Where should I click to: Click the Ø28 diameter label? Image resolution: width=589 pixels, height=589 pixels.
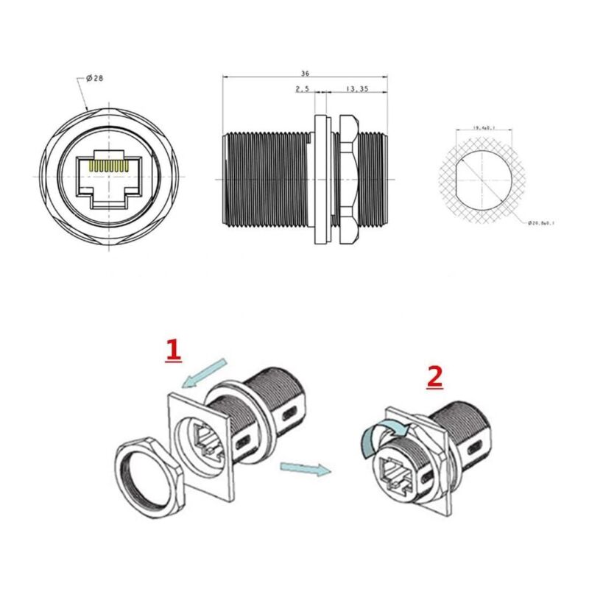click(x=94, y=79)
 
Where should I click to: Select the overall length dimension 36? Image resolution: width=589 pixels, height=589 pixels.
click(x=304, y=74)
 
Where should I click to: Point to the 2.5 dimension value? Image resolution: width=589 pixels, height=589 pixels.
click(x=302, y=89)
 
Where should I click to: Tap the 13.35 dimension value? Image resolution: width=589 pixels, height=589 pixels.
click(x=356, y=89)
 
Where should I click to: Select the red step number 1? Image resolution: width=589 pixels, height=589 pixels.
click(x=173, y=350)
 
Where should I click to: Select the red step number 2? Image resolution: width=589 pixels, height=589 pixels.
click(x=435, y=377)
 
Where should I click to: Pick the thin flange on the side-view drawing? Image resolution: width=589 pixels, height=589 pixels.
click(x=321, y=179)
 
